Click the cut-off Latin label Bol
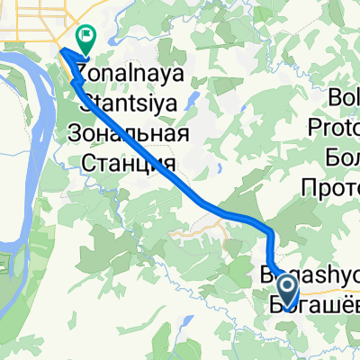click(344, 94)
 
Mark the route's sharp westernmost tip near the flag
click(62, 54)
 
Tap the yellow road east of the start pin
click(346, 291)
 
